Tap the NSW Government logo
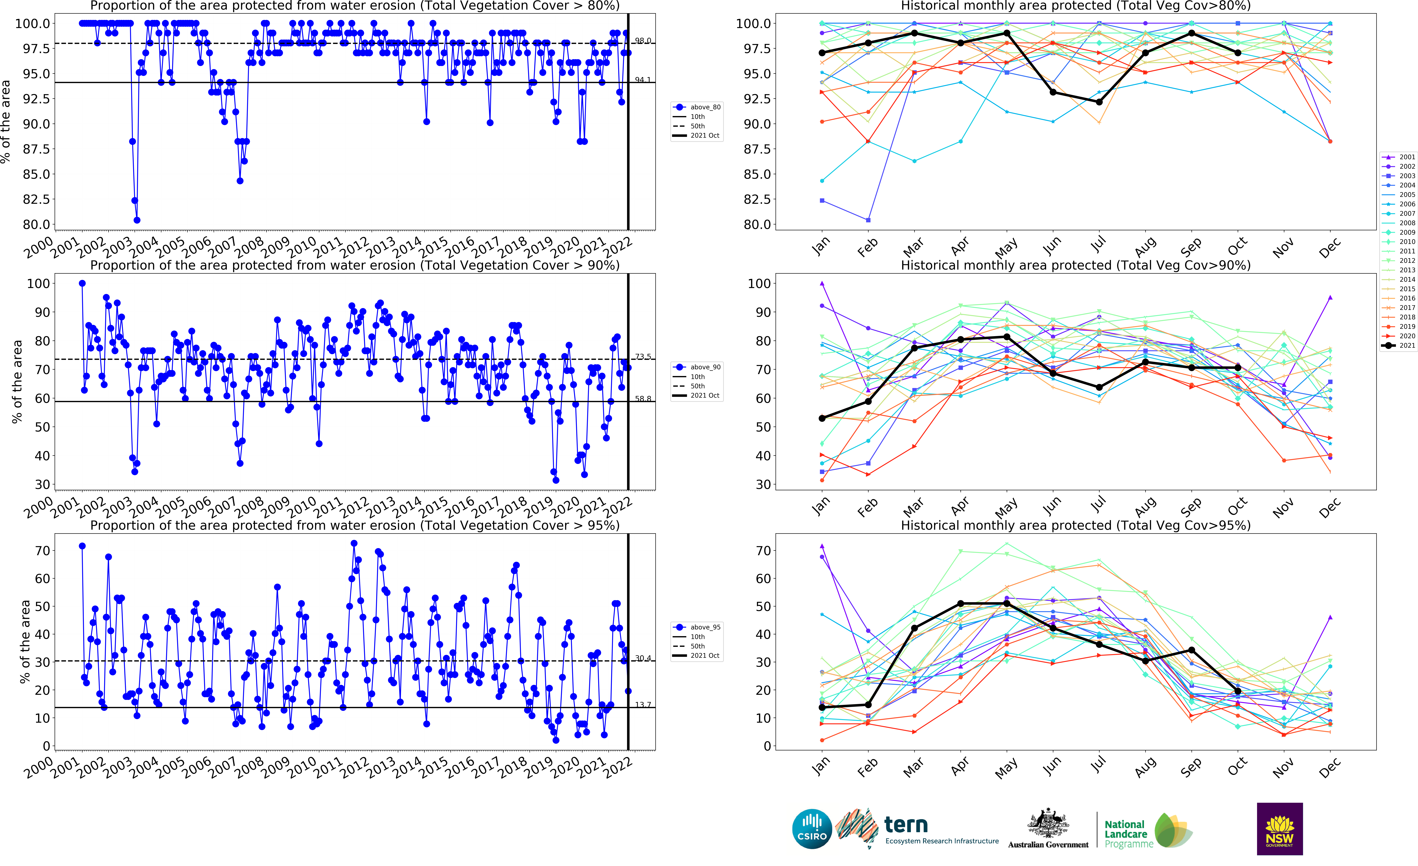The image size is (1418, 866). click(1279, 829)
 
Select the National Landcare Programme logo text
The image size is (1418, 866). click(1126, 834)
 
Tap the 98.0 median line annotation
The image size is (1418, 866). click(643, 41)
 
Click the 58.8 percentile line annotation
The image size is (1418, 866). click(643, 399)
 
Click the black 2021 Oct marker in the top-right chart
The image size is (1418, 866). click(1238, 53)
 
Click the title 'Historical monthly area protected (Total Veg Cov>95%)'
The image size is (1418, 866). click(1075, 525)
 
